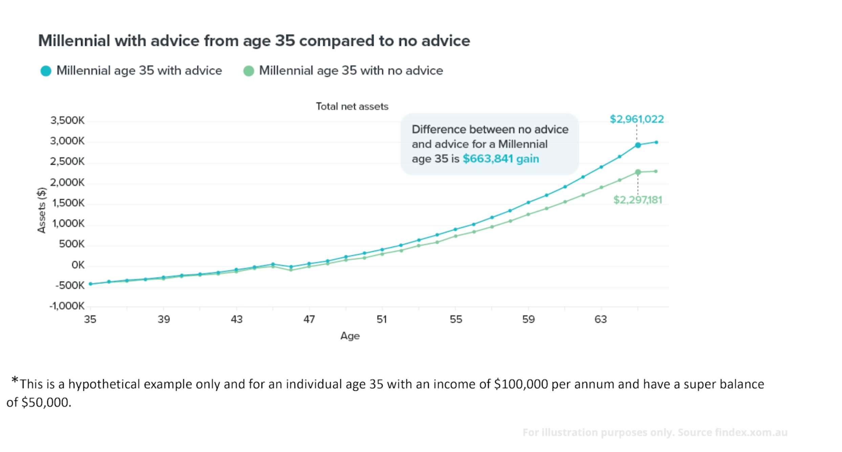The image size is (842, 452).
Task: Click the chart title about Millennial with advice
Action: [x=254, y=41]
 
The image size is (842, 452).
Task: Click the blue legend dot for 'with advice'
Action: [x=46, y=71]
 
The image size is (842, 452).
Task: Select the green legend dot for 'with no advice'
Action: [x=249, y=71]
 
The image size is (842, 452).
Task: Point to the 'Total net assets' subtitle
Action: [x=352, y=107]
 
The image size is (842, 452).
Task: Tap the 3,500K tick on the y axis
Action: [x=67, y=121]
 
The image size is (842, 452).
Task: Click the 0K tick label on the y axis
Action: [x=78, y=265]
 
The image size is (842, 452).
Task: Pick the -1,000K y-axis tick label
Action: [x=67, y=306]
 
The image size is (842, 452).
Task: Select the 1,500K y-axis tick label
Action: [x=68, y=203]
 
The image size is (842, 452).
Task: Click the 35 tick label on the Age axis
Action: [x=90, y=320]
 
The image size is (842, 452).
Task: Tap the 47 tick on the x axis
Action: [x=309, y=320]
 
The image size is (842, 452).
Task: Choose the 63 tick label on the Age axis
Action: [x=601, y=320]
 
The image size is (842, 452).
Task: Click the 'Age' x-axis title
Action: [x=350, y=336]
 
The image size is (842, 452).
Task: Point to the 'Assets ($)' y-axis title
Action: [x=42, y=210]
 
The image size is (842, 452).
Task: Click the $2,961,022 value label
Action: [x=637, y=119]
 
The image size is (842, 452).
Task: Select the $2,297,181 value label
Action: [x=638, y=200]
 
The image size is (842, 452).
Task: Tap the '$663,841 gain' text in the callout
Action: [x=501, y=159]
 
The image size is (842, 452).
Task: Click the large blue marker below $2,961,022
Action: [x=638, y=145]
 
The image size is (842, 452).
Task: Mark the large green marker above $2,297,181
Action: [x=638, y=172]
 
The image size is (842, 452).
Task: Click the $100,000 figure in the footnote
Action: [x=521, y=384]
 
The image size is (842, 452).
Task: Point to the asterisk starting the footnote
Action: [x=15, y=380]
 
